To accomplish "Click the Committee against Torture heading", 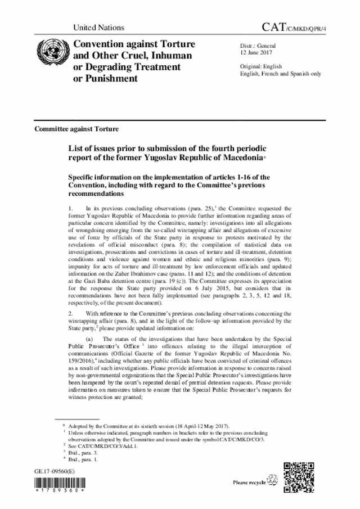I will coord(76,128).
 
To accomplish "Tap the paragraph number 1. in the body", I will coord(70,209).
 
